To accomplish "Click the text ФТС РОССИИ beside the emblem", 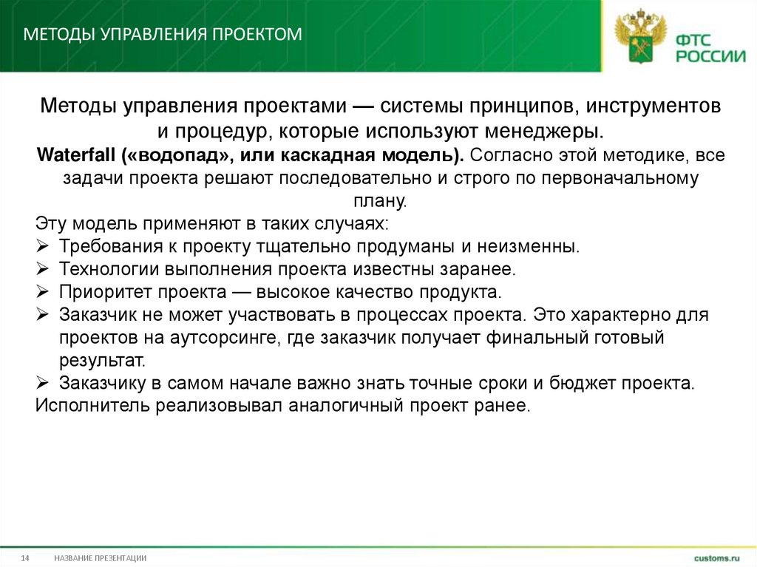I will pos(707,46).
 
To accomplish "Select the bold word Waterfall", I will pos(76,156).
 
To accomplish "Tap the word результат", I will pos(95,361).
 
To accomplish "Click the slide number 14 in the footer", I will pos(24,557).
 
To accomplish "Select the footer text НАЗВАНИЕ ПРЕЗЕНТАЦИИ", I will pos(100,557).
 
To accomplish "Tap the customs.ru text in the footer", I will pos(716,557).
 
